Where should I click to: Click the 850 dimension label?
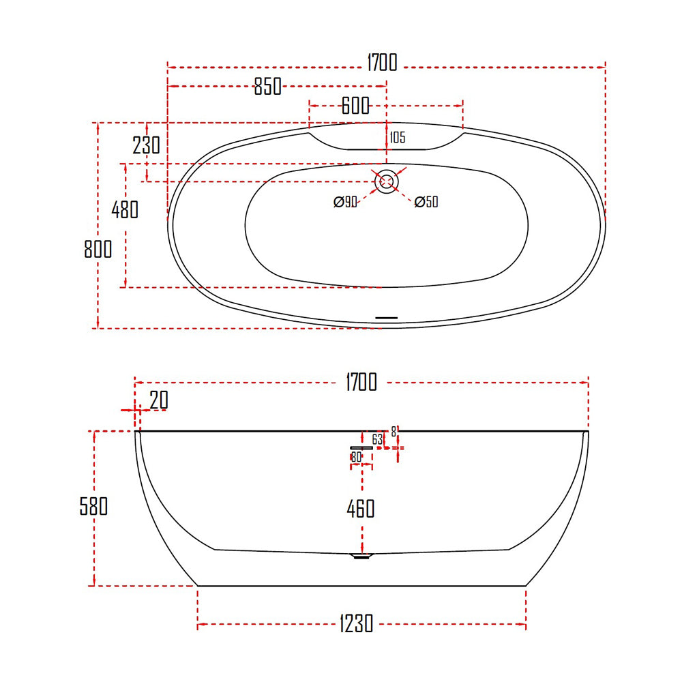[x=268, y=86]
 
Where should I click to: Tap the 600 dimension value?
[x=355, y=105]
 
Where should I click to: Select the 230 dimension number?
[x=147, y=145]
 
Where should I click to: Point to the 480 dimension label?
[x=125, y=209]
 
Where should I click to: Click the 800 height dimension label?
[x=98, y=249]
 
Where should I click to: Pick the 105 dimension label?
[x=398, y=138]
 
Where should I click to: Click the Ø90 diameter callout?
[x=345, y=202]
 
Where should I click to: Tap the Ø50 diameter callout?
[x=426, y=202]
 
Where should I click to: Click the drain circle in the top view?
[x=386, y=182]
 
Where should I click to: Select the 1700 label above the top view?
[x=383, y=63]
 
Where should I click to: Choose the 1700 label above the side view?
[x=361, y=383]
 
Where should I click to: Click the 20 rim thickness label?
[x=159, y=400]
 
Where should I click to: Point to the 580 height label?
[x=93, y=506]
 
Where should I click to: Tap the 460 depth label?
[x=361, y=509]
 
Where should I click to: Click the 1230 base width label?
[x=356, y=624]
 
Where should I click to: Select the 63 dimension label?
[x=378, y=440]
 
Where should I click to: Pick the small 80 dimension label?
[x=356, y=457]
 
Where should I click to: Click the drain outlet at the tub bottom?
[x=362, y=556]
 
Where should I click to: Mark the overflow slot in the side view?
[x=361, y=447]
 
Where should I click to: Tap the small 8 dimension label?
[x=394, y=432]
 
